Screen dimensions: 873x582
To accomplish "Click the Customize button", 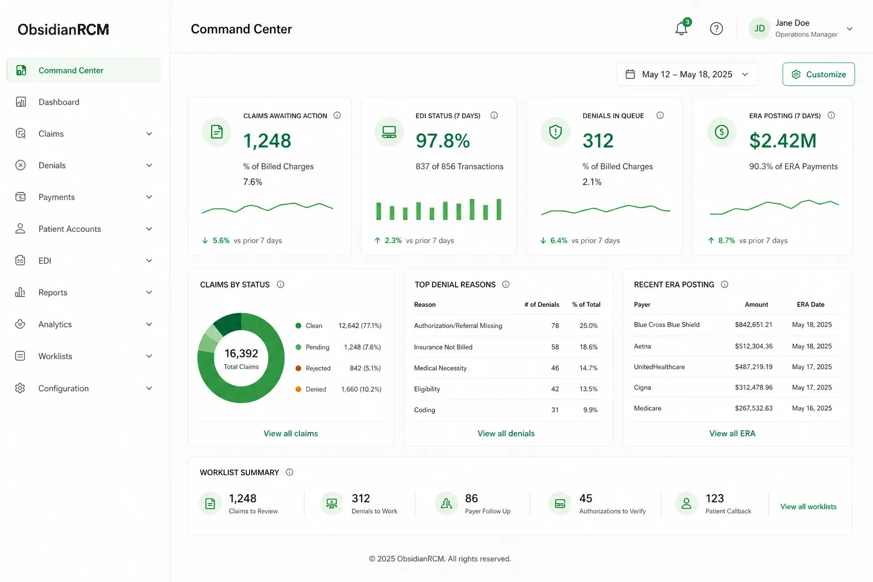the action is coord(818,74).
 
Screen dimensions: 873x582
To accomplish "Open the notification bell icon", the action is coord(681,28).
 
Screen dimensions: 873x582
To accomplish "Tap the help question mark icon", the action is coord(716,28).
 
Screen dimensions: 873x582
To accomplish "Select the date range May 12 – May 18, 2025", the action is coord(687,74).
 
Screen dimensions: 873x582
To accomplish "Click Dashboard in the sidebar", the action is coord(59,102).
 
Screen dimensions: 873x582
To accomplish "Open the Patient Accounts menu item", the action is coord(70,229).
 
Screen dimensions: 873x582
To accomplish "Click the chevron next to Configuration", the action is coord(149,388).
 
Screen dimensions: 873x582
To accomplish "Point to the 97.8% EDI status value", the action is coord(443,141).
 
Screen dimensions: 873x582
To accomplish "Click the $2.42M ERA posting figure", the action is coord(783,141).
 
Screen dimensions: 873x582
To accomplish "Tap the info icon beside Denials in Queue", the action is coord(660,115).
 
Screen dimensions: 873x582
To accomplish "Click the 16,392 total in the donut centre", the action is coord(241,353).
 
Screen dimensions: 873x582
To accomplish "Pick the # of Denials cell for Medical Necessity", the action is coord(555,368).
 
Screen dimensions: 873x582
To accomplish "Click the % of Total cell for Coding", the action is coord(590,410).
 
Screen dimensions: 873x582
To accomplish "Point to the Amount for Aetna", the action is coord(754,346).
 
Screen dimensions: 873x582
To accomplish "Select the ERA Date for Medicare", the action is coord(812,408).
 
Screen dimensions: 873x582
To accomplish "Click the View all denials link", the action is coord(506,434).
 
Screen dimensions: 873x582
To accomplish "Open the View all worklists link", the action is coord(808,506).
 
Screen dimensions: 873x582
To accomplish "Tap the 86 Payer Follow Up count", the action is coord(471,498).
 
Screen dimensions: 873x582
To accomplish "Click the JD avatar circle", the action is coord(759,28).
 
